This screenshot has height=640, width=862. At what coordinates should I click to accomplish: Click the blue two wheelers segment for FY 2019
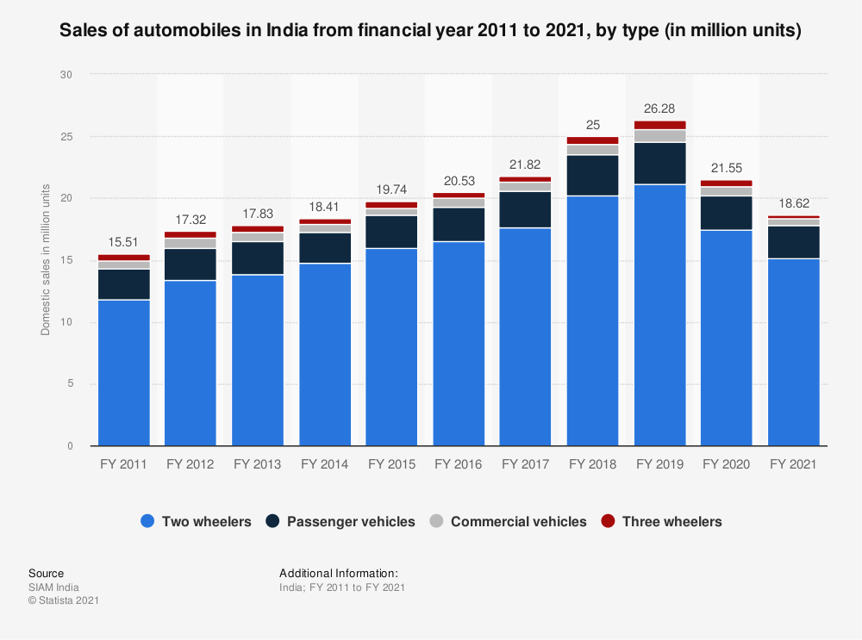click(x=659, y=314)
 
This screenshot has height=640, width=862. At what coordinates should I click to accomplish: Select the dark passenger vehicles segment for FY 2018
click(x=592, y=175)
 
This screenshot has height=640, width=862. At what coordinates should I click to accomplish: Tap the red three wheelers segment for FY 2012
click(x=191, y=234)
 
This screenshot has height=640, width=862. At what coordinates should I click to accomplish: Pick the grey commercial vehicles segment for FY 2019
click(x=659, y=136)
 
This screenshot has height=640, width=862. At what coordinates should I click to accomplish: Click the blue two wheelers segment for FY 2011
click(x=123, y=372)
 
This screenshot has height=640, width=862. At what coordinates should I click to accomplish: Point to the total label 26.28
click(x=659, y=109)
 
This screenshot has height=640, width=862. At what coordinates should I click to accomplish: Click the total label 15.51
click(x=123, y=243)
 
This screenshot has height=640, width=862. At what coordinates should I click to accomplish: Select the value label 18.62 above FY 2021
click(x=794, y=204)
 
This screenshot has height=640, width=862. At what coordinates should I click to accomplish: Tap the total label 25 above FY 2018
click(x=592, y=125)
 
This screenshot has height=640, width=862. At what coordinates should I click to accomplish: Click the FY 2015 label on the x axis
click(x=391, y=464)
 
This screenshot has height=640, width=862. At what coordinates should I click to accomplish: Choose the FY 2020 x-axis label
click(x=727, y=464)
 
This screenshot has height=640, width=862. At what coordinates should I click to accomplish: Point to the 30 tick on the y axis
click(x=66, y=75)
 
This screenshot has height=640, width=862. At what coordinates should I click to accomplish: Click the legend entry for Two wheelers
click(x=196, y=521)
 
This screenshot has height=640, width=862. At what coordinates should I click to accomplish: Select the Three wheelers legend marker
click(x=608, y=521)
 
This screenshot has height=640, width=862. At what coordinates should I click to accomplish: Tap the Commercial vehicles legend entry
click(x=509, y=521)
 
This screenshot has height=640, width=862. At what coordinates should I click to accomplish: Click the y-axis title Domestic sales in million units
click(x=46, y=260)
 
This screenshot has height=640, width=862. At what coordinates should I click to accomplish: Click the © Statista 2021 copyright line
click(x=64, y=600)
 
